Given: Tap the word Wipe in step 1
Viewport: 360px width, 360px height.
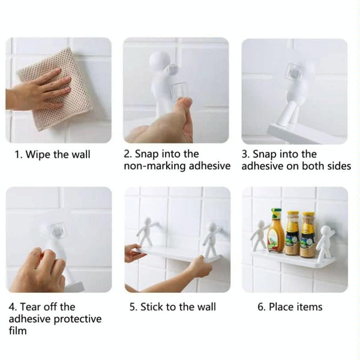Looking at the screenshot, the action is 38,155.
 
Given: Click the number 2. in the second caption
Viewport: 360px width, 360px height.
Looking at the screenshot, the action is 128,154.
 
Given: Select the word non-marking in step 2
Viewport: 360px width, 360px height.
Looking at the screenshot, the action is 155,166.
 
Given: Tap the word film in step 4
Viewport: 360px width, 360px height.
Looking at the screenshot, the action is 17,331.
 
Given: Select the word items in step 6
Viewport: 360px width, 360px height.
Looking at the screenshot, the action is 310,307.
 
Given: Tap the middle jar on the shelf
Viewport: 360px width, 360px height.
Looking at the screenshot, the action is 293,233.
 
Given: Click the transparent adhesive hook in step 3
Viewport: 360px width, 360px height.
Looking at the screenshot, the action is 295,73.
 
